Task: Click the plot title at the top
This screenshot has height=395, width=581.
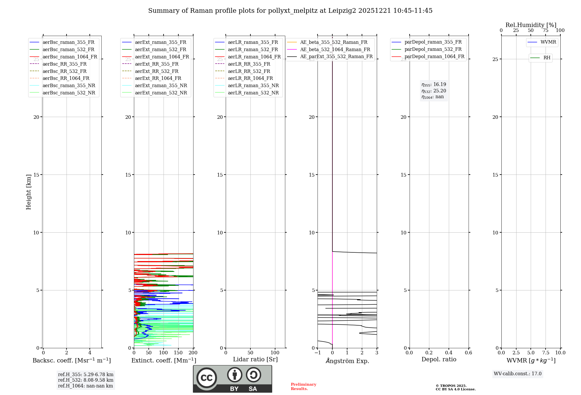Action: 290,11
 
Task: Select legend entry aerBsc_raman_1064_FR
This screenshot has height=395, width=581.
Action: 70,57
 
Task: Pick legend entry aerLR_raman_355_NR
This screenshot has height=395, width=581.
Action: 253,86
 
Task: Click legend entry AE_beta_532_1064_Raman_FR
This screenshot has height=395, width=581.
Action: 335,50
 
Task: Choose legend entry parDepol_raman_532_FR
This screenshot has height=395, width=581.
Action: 433,49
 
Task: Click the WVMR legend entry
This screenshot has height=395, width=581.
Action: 548,42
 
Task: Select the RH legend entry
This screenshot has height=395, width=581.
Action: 547,58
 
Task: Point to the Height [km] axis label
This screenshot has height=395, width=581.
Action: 28,192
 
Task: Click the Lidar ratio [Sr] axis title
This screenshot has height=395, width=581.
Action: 255,360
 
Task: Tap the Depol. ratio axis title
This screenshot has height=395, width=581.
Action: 439,360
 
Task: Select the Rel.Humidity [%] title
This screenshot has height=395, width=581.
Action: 531,25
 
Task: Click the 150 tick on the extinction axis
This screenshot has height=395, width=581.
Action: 178,353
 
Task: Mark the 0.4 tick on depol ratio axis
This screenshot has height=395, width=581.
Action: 449,353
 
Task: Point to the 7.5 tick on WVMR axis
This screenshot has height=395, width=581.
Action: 546,353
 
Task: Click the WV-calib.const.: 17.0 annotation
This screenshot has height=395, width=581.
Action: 518,374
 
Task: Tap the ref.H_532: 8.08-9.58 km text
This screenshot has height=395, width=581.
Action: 86,380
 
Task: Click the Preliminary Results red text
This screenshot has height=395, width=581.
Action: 303,387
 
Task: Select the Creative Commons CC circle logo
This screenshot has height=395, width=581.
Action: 207,378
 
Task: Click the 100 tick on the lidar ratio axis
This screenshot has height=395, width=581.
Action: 275,353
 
